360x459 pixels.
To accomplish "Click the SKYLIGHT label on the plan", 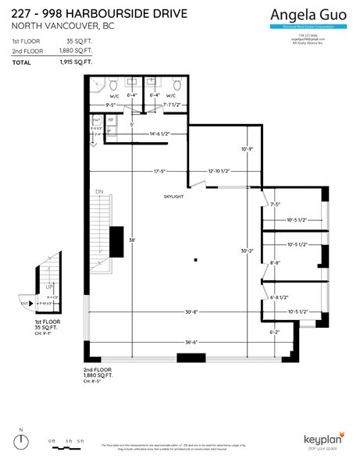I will [x=173, y=197].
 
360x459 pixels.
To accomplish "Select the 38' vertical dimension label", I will [x=134, y=240].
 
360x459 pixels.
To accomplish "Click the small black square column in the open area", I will [x=196, y=259].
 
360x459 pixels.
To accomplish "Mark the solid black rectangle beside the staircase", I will [x=116, y=241].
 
